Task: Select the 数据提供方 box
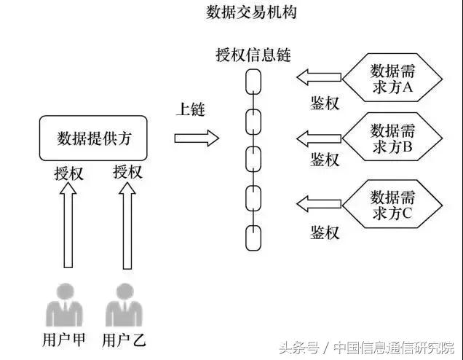(x=94, y=138)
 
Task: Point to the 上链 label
(x=191, y=110)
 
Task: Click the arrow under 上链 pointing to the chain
(x=197, y=138)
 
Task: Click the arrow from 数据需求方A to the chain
(x=320, y=76)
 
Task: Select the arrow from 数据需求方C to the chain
(x=320, y=203)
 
